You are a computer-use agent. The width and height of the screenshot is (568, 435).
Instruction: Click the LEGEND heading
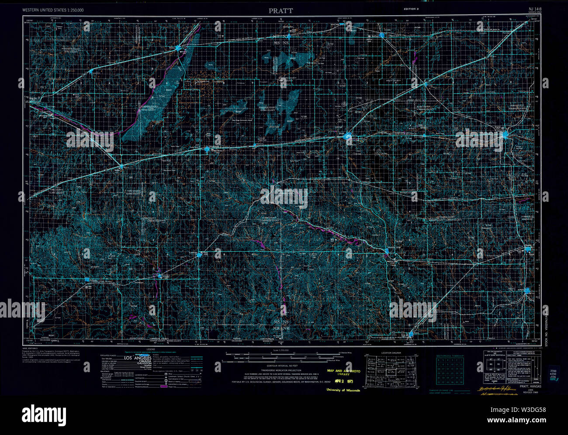pyautogui.click(x=151, y=349)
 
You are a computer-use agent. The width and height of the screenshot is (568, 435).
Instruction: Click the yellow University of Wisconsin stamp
pyautogui.click(x=343, y=390)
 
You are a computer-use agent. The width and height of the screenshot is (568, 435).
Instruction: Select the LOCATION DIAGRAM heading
pyautogui.click(x=390, y=352)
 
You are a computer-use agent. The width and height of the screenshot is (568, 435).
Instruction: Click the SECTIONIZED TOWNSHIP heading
pyautogui.click(x=450, y=356)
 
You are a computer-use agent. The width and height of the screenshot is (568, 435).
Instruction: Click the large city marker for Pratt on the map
pyautogui.click(x=348, y=138)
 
